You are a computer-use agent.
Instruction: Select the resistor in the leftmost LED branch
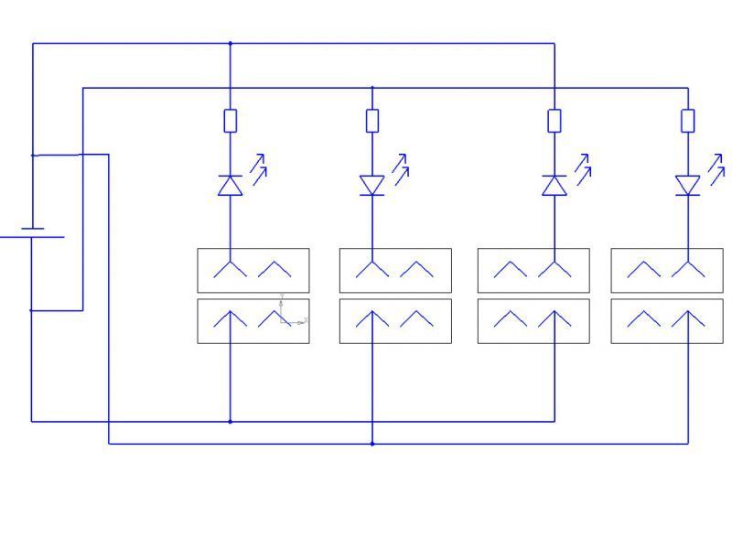click(230, 120)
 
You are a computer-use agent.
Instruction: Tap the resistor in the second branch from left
click(372, 120)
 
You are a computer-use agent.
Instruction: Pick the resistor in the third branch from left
click(554, 120)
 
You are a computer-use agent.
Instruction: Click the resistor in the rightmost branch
click(688, 120)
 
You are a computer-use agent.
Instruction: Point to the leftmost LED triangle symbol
click(230, 186)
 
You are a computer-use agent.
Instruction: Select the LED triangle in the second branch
click(372, 186)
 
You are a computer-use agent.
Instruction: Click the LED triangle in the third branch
click(554, 186)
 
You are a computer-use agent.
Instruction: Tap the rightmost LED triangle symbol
click(688, 186)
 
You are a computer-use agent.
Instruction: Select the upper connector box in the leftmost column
click(253, 270)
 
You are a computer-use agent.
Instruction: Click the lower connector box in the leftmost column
click(253, 321)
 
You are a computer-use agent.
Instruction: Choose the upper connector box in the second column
click(395, 270)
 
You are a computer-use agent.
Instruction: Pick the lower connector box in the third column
click(533, 321)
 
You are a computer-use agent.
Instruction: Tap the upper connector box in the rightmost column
click(667, 270)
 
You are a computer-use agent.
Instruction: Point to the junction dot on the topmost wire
click(230, 43)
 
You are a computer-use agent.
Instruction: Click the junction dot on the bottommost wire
click(372, 444)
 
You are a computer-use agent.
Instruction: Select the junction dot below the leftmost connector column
click(230, 422)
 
